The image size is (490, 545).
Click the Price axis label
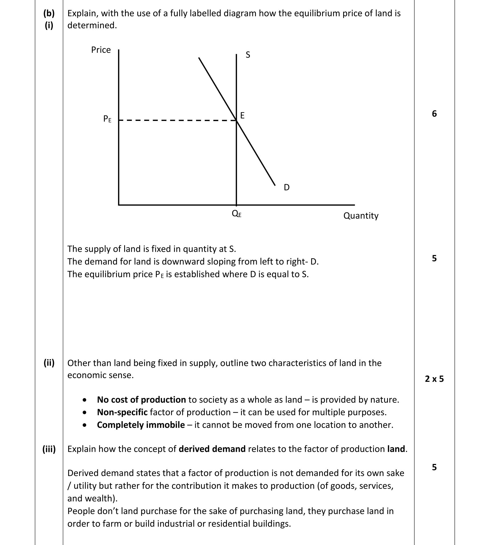coord(101,50)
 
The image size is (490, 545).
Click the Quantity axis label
coord(361,216)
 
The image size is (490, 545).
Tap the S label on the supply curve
coord(248,55)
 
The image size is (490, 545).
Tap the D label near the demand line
coord(287,187)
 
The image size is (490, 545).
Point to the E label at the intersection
coord(242,116)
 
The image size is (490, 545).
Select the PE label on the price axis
coord(107,119)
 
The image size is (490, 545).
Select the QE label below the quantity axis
coord(237,214)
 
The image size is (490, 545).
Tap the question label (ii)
coord(49,363)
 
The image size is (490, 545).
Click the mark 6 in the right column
coord(434,114)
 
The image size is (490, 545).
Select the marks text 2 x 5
coord(434,379)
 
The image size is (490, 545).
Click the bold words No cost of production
coord(141,400)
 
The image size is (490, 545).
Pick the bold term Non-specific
coord(122,412)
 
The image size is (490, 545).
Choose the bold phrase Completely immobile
coord(141,425)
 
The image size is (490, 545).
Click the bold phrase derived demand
coord(212,449)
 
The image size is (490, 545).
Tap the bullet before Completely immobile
coord(85,425)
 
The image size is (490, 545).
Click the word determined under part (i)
coord(92,26)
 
